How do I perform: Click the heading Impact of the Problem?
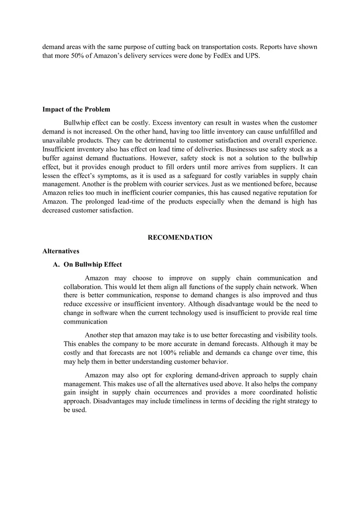click(76, 109)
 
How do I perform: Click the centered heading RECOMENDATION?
click(180, 238)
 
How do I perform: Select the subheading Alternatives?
click(61, 251)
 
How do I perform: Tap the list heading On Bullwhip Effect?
click(92, 265)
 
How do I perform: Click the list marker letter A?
click(56, 265)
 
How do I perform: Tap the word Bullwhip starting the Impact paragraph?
click(76, 123)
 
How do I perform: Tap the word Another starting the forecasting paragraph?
click(97, 335)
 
